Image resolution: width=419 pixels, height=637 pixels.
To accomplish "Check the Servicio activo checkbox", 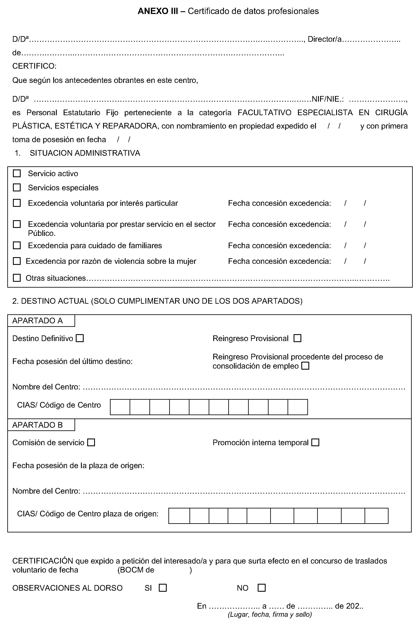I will coord(17,173).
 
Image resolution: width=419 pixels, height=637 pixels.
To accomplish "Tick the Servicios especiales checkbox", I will coord(17,187).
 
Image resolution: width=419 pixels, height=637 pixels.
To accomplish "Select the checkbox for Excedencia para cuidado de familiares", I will coord(17,245).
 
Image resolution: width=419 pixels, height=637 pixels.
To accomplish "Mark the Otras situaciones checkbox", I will coord(17,278).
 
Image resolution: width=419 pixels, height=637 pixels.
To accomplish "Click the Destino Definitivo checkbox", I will coord(80,338).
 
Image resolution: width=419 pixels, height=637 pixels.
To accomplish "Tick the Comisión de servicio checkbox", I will coord(91,442).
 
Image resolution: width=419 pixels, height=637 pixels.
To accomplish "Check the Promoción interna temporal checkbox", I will coord(316,442).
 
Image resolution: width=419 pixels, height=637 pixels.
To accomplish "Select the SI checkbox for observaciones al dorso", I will coord(163,588).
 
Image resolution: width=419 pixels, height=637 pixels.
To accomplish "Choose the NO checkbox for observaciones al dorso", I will coord(261,588).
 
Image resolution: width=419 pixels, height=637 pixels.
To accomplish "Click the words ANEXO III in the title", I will coord(158,11).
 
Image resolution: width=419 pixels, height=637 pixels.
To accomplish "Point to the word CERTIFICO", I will coord(34,66).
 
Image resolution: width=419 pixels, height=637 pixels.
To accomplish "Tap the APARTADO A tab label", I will coord(38,321).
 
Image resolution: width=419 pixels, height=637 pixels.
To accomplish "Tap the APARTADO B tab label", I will coord(38,425).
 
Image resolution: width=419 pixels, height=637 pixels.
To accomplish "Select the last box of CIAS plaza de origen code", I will coord(376,516).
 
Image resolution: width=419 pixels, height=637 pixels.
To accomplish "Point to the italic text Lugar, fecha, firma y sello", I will coord(270,614).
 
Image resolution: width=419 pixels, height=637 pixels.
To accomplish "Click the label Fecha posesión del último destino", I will coord(72,361).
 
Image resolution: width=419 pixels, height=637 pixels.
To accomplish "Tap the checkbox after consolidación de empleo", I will coord(305,366).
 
